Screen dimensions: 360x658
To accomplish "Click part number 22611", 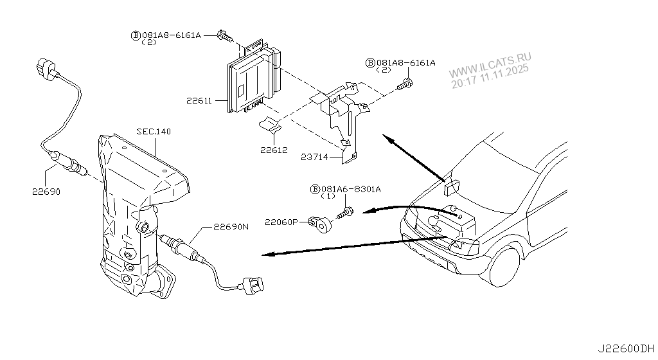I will [199, 100].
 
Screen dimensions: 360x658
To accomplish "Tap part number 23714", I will [315, 156].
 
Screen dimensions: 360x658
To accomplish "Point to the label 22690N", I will [230, 226].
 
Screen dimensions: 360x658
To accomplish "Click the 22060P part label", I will [281, 222].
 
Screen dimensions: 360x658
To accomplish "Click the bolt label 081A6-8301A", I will [350, 189].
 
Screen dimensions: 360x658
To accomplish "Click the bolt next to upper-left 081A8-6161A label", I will [225, 36].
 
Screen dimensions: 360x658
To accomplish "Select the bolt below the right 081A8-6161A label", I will [405, 84].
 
